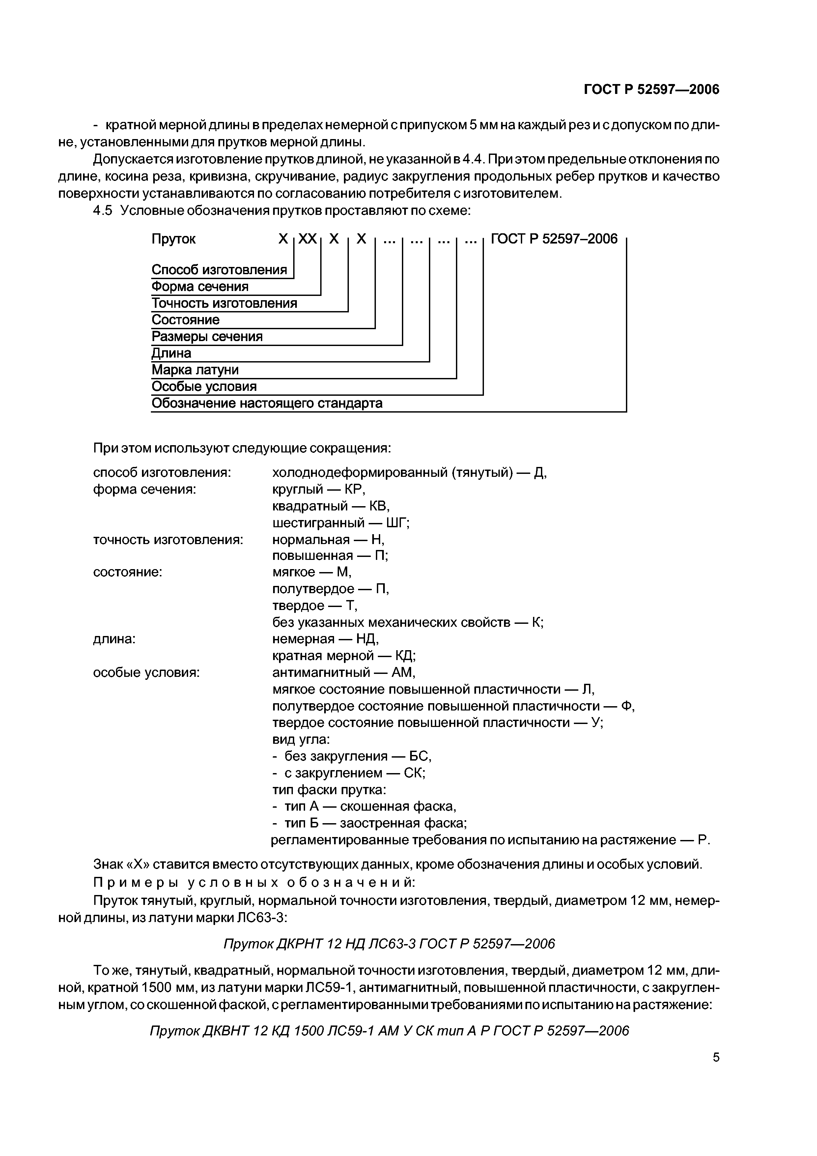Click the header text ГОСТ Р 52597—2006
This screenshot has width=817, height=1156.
coord(651,90)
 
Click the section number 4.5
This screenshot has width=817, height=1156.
coord(102,211)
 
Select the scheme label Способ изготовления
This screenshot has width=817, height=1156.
coord(219,270)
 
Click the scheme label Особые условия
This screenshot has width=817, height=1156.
coord(204,387)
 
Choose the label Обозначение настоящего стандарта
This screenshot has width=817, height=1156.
coord(267,403)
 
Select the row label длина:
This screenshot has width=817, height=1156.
coord(114,639)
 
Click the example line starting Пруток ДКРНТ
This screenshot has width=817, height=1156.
coord(389,943)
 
